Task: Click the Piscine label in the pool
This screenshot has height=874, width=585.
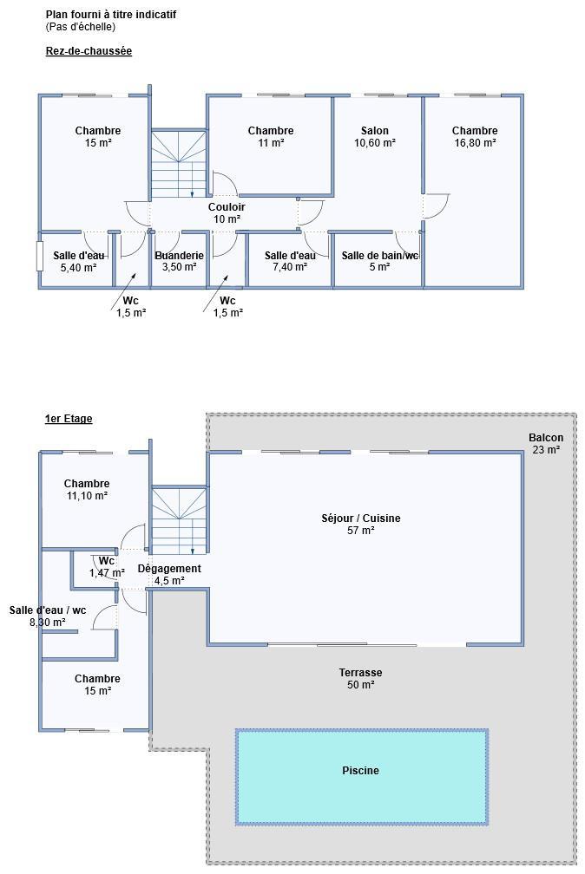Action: coord(360,770)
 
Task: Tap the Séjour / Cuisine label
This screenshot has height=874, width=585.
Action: coord(360,518)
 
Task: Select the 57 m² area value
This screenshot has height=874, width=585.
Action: coord(360,530)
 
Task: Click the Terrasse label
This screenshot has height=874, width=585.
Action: coord(360,672)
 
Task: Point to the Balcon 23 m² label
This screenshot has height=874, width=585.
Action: coord(546,444)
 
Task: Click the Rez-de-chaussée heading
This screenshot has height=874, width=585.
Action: coord(89,51)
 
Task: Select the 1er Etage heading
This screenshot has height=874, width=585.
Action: coord(69,419)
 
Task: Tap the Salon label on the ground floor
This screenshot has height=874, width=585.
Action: coord(375,130)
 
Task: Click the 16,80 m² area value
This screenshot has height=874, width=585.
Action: coord(475,143)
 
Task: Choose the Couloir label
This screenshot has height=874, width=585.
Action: coord(227,206)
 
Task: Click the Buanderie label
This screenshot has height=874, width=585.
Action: coord(179,255)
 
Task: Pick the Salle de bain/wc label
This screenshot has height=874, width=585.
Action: coord(380,255)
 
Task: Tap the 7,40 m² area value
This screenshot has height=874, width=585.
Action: coord(290,267)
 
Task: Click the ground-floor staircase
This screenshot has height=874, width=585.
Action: coord(179,164)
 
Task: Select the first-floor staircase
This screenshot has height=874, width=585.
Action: coord(179,520)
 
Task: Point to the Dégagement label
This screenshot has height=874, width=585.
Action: coord(169,569)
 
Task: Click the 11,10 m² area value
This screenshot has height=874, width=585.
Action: coord(87,496)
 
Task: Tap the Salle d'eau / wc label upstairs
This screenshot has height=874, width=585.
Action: coord(48,610)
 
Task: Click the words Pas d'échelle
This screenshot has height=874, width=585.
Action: coord(81,27)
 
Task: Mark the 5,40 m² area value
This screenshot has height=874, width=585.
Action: coord(79,267)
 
